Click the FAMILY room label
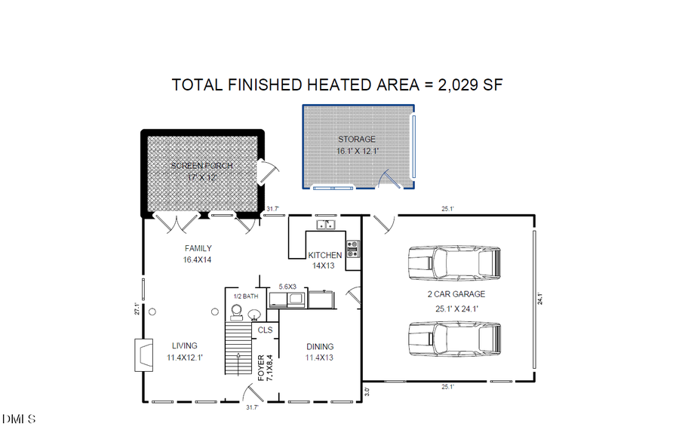click(198, 248)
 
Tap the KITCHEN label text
click(324, 255)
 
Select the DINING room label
click(320, 347)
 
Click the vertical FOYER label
click(262, 367)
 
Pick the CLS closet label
click(265, 330)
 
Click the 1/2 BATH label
click(246, 296)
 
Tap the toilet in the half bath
click(235, 312)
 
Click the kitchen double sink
click(326, 224)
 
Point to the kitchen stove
click(352, 249)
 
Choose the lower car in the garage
click(453, 338)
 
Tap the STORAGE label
click(356, 140)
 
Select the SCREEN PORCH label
click(201, 165)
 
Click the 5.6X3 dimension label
click(287, 287)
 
